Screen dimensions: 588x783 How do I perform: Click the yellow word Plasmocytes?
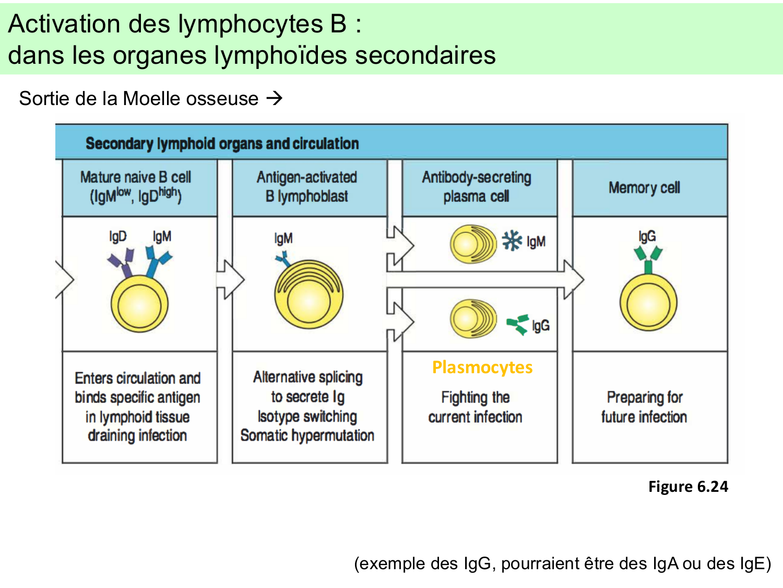point(482,367)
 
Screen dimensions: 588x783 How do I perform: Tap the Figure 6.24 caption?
point(687,487)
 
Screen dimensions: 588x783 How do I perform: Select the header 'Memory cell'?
point(644,188)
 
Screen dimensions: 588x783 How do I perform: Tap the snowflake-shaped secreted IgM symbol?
point(512,241)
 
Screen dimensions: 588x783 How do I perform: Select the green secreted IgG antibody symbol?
point(518,325)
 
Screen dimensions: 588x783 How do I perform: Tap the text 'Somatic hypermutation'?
point(307,435)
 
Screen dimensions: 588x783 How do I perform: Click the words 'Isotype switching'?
point(307,417)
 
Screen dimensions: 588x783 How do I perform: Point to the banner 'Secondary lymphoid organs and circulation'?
point(222,144)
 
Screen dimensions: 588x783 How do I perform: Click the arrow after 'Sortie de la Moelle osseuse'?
point(274,98)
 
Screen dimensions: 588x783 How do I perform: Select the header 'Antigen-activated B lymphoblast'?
point(307,187)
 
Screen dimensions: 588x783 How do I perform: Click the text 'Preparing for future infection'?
point(644,407)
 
